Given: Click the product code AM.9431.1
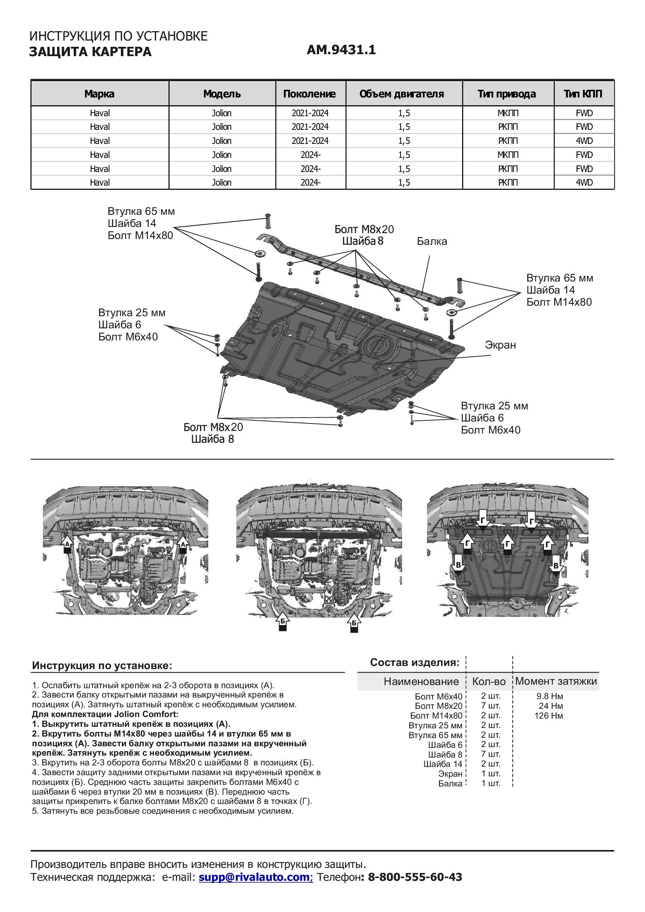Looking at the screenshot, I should pyautogui.click(x=341, y=50).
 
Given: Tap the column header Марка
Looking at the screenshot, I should pyautogui.click(x=99, y=94).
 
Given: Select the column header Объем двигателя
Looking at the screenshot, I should pyautogui.click(x=402, y=94).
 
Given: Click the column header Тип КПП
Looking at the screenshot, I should pyautogui.click(x=583, y=94).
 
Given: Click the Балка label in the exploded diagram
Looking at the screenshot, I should pyautogui.click(x=432, y=241).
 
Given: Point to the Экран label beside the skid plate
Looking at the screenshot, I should pyautogui.click(x=500, y=345).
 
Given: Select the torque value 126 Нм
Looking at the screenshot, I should pyautogui.click(x=549, y=716).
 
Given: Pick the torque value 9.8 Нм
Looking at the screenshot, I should pyautogui.click(x=550, y=696).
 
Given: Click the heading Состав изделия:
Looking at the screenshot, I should pyautogui.click(x=415, y=662).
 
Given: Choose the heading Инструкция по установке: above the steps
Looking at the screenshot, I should pyautogui.click(x=102, y=666).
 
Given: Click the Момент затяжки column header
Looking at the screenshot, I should pyautogui.click(x=556, y=681).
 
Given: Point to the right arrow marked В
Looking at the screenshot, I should pyautogui.click(x=556, y=567).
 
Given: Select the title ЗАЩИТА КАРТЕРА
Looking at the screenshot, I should pyautogui.click(x=90, y=51).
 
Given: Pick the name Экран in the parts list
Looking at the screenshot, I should pyautogui.click(x=450, y=774).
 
